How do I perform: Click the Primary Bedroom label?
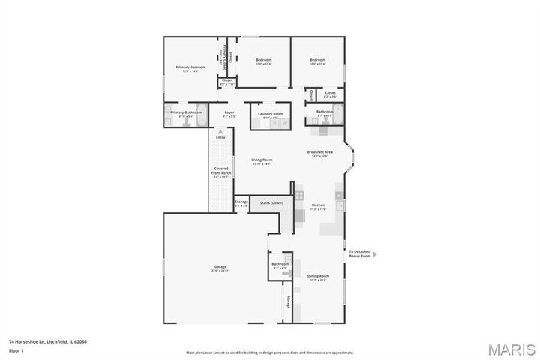(190, 68)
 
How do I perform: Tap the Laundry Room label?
(270, 115)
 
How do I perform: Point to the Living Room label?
(261, 160)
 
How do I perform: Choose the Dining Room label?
(318, 277)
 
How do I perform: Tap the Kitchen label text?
(318, 206)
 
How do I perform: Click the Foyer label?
(229, 114)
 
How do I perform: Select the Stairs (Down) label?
(271, 203)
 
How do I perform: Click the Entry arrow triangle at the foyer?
(220, 130)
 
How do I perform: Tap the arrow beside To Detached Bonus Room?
(375, 254)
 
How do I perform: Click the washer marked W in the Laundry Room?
(284, 123)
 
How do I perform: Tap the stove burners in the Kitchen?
(298, 196)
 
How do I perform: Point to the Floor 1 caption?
(16, 349)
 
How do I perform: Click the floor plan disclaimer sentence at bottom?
(269, 352)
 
